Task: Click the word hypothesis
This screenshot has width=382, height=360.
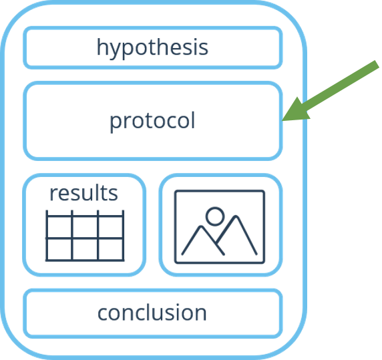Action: [x=152, y=47]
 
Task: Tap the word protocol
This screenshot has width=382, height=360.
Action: [x=152, y=121]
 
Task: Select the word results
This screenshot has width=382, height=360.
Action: [x=83, y=193]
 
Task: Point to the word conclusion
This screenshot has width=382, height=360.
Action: [x=152, y=313]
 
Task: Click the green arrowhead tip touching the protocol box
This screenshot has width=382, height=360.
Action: [x=282, y=120]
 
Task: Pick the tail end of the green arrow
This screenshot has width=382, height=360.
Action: [x=377, y=64]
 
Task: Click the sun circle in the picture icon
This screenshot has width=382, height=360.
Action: [x=215, y=216]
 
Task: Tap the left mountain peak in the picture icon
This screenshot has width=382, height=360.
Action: [x=201, y=227]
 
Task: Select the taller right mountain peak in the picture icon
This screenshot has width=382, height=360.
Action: [x=236, y=216]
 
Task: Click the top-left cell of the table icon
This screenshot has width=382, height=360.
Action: [x=59, y=227]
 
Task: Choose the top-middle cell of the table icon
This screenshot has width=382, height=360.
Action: [x=85, y=227]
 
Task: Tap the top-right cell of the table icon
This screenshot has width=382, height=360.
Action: [x=110, y=227]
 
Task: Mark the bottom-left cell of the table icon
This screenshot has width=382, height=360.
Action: [x=59, y=249]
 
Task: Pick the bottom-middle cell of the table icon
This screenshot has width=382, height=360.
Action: [x=85, y=249]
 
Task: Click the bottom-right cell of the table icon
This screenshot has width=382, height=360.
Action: [x=110, y=249]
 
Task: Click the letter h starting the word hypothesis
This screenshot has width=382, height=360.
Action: [x=102, y=47]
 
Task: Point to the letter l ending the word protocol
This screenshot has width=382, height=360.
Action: [x=193, y=120]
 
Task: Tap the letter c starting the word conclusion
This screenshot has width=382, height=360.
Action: [x=102, y=313]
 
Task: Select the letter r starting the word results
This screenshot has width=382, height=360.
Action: [x=53, y=194]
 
